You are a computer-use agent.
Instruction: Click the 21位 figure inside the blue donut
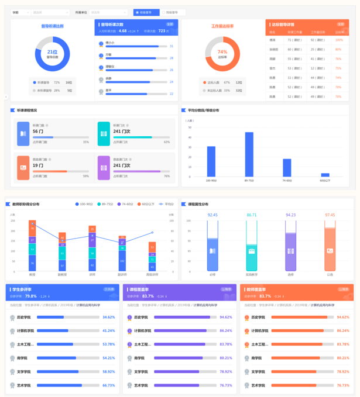point(53,51)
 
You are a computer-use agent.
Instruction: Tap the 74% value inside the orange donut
point(222,52)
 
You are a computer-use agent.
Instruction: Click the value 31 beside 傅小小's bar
point(171,46)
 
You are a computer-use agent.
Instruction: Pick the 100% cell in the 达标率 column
point(339,40)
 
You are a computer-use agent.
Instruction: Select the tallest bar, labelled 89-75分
point(249,154)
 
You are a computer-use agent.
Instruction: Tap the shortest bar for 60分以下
point(325,174)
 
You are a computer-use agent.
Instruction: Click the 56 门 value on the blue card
point(37,132)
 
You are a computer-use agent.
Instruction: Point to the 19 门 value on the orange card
point(37,165)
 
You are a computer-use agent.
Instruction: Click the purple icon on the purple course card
point(103,167)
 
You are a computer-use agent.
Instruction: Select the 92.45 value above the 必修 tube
point(212,215)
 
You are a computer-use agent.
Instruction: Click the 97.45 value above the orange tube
point(330,215)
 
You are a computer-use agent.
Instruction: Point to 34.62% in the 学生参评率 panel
point(109,317)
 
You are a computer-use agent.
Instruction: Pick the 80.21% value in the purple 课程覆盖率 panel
point(226,358)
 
